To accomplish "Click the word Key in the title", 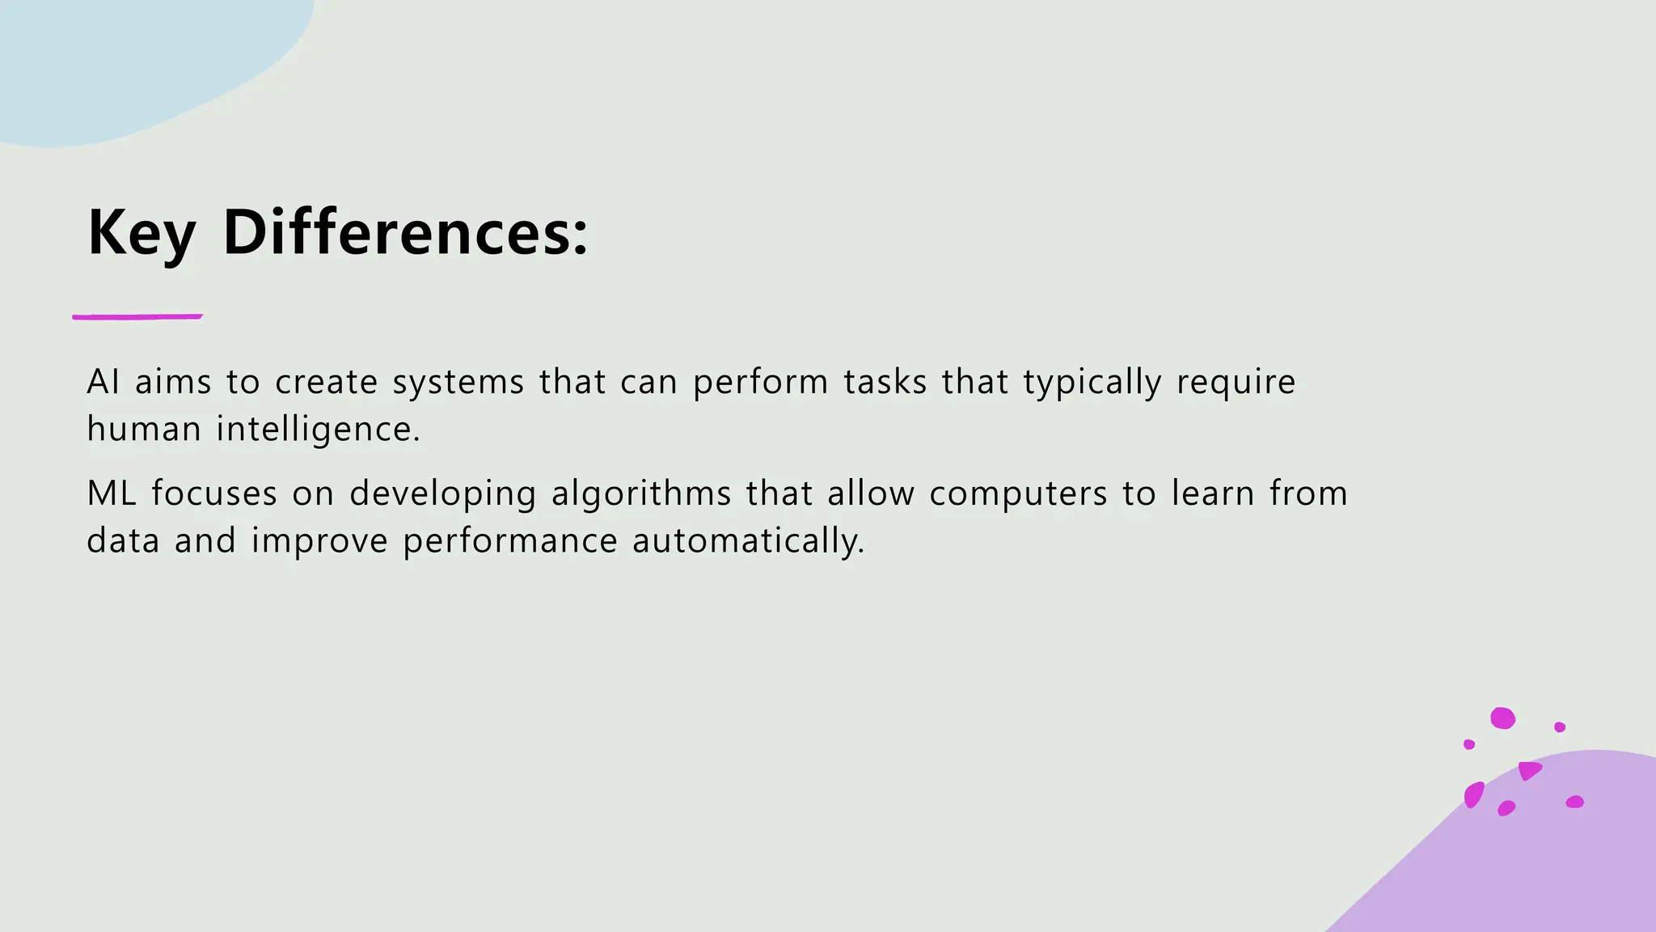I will click(x=142, y=233).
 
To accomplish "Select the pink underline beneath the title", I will click(x=137, y=316).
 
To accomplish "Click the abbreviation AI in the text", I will click(x=103, y=382).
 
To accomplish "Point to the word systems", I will click(x=458, y=382).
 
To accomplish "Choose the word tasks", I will click(x=885, y=382).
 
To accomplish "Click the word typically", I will click(x=1092, y=382).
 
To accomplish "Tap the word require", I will click(x=1236, y=382).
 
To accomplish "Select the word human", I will click(x=144, y=429).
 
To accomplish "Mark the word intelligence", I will click(x=318, y=429).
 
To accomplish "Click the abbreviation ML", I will click(x=112, y=494).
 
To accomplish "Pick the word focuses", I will click(x=214, y=494).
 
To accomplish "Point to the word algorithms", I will click(x=641, y=494).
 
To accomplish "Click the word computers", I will click(x=1018, y=494).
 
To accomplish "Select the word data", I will click(x=123, y=540).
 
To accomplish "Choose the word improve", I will click(x=320, y=540).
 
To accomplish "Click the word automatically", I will click(x=748, y=540).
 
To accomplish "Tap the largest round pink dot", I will click(x=1502, y=718).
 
